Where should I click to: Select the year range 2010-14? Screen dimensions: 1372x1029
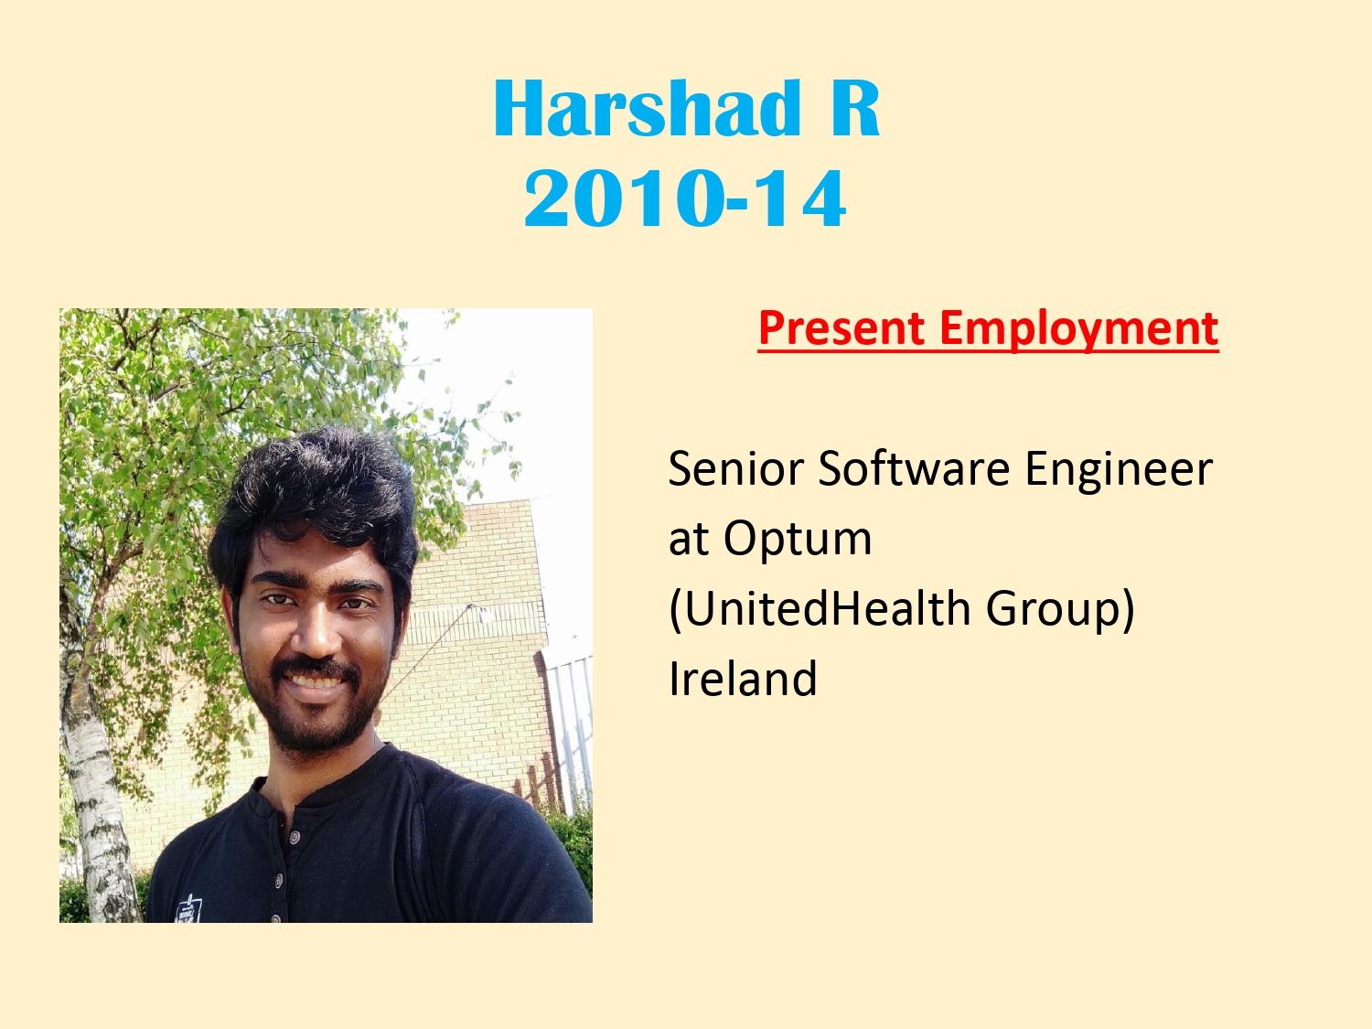point(685,198)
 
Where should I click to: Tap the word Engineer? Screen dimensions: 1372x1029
point(1119,470)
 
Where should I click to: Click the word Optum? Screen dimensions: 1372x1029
point(798,539)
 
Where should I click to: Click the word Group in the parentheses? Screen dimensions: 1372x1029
point(1053,610)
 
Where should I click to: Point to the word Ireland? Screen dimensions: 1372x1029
point(744,677)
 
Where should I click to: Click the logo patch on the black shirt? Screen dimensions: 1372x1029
point(188,908)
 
